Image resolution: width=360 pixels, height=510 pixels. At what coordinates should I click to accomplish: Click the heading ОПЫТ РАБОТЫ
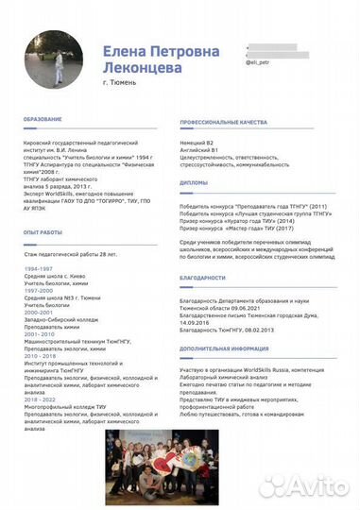[43, 232]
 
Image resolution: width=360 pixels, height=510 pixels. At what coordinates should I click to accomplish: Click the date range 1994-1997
[39, 269]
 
